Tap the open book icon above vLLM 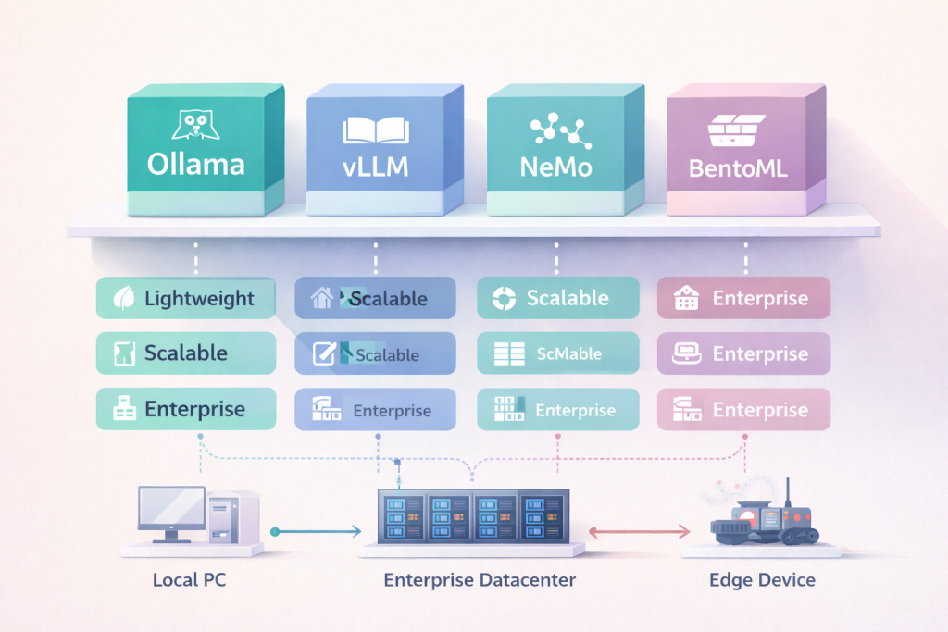[375, 129]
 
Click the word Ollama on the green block [196, 166]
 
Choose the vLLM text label [375, 169]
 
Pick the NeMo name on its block [556, 169]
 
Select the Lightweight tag [186, 299]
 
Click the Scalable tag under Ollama [186, 353]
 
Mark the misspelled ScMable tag [558, 353]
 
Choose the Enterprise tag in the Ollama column [186, 409]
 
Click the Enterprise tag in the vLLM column [374, 410]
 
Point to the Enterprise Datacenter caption [480, 581]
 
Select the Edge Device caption [762, 581]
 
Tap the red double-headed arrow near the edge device [640, 531]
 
